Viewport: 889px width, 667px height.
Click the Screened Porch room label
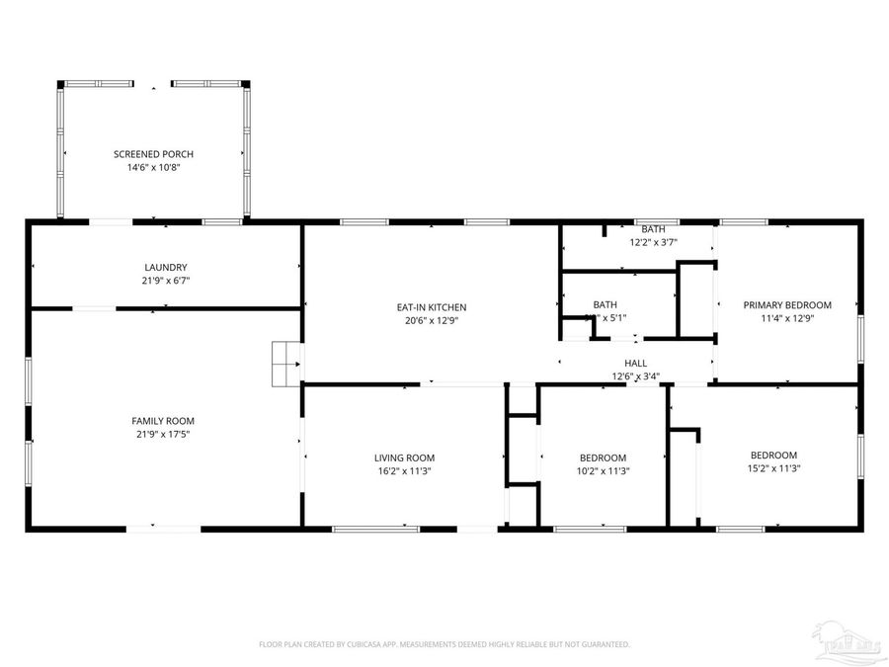pyautogui.click(x=153, y=154)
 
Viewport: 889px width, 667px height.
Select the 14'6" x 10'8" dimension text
pyautogui.click(x=153, y=168)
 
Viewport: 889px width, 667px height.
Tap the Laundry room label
pyautogui.click(x=165, y=267)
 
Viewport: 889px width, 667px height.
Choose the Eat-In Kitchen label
pyautogui.click(x=431, y=307)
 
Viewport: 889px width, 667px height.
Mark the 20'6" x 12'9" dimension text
pyautogui.click(x=431, y=320)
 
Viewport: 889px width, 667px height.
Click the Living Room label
pyautogui.click(x=404, y=458)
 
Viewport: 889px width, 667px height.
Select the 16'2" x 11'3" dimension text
pyautogui.click(x=404, y=471)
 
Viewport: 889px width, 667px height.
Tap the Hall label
pyautogui.click(x=635, y=363)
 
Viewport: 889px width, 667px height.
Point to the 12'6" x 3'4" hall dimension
pyautogui.click(x=635, y=375)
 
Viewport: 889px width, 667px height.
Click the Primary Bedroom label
pyautogui.click(x=787, y=305)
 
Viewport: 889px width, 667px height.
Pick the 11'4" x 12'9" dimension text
pyautogui.click(x=787, y=318)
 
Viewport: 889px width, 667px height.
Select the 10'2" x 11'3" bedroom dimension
pyautogui.click(x=603, y=471)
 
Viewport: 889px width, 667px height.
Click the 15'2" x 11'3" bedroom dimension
pyautogui.click(x=774, y=468)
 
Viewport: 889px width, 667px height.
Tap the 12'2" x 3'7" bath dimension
pyautogui.click(x=653, y=242)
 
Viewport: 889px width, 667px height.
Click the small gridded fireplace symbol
pyautogui.click(x=286, y=364)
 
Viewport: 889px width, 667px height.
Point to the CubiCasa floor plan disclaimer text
pyautogui.click(x=444, y=644)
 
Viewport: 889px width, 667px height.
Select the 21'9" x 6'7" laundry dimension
pyautogui.click(x=165, y=281)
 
